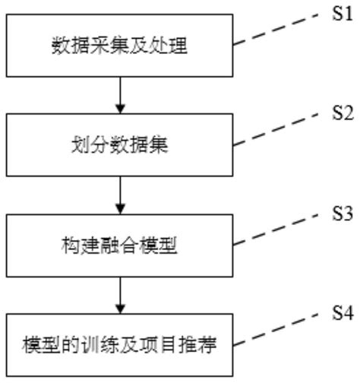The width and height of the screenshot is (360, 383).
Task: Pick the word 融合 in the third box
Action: pyautogui.click(x=121, y=246)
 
